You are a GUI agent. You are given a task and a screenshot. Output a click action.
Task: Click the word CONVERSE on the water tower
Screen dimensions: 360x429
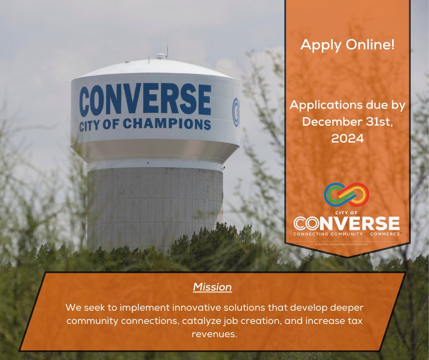tap(145, 100)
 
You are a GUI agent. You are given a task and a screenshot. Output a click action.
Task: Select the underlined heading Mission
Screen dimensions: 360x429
tap(212, 287)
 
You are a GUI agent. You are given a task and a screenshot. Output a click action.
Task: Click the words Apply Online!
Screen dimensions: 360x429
tap(347, 45)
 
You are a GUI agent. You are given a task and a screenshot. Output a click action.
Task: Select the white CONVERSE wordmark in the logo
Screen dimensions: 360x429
tap(347, 223)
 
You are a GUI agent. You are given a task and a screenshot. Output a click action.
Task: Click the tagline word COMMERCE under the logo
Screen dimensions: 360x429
tap(385, 234)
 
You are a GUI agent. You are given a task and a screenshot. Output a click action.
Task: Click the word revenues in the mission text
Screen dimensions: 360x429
tap(215, 334)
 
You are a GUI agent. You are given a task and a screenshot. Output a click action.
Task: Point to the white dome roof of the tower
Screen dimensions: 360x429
tap(155, 69)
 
